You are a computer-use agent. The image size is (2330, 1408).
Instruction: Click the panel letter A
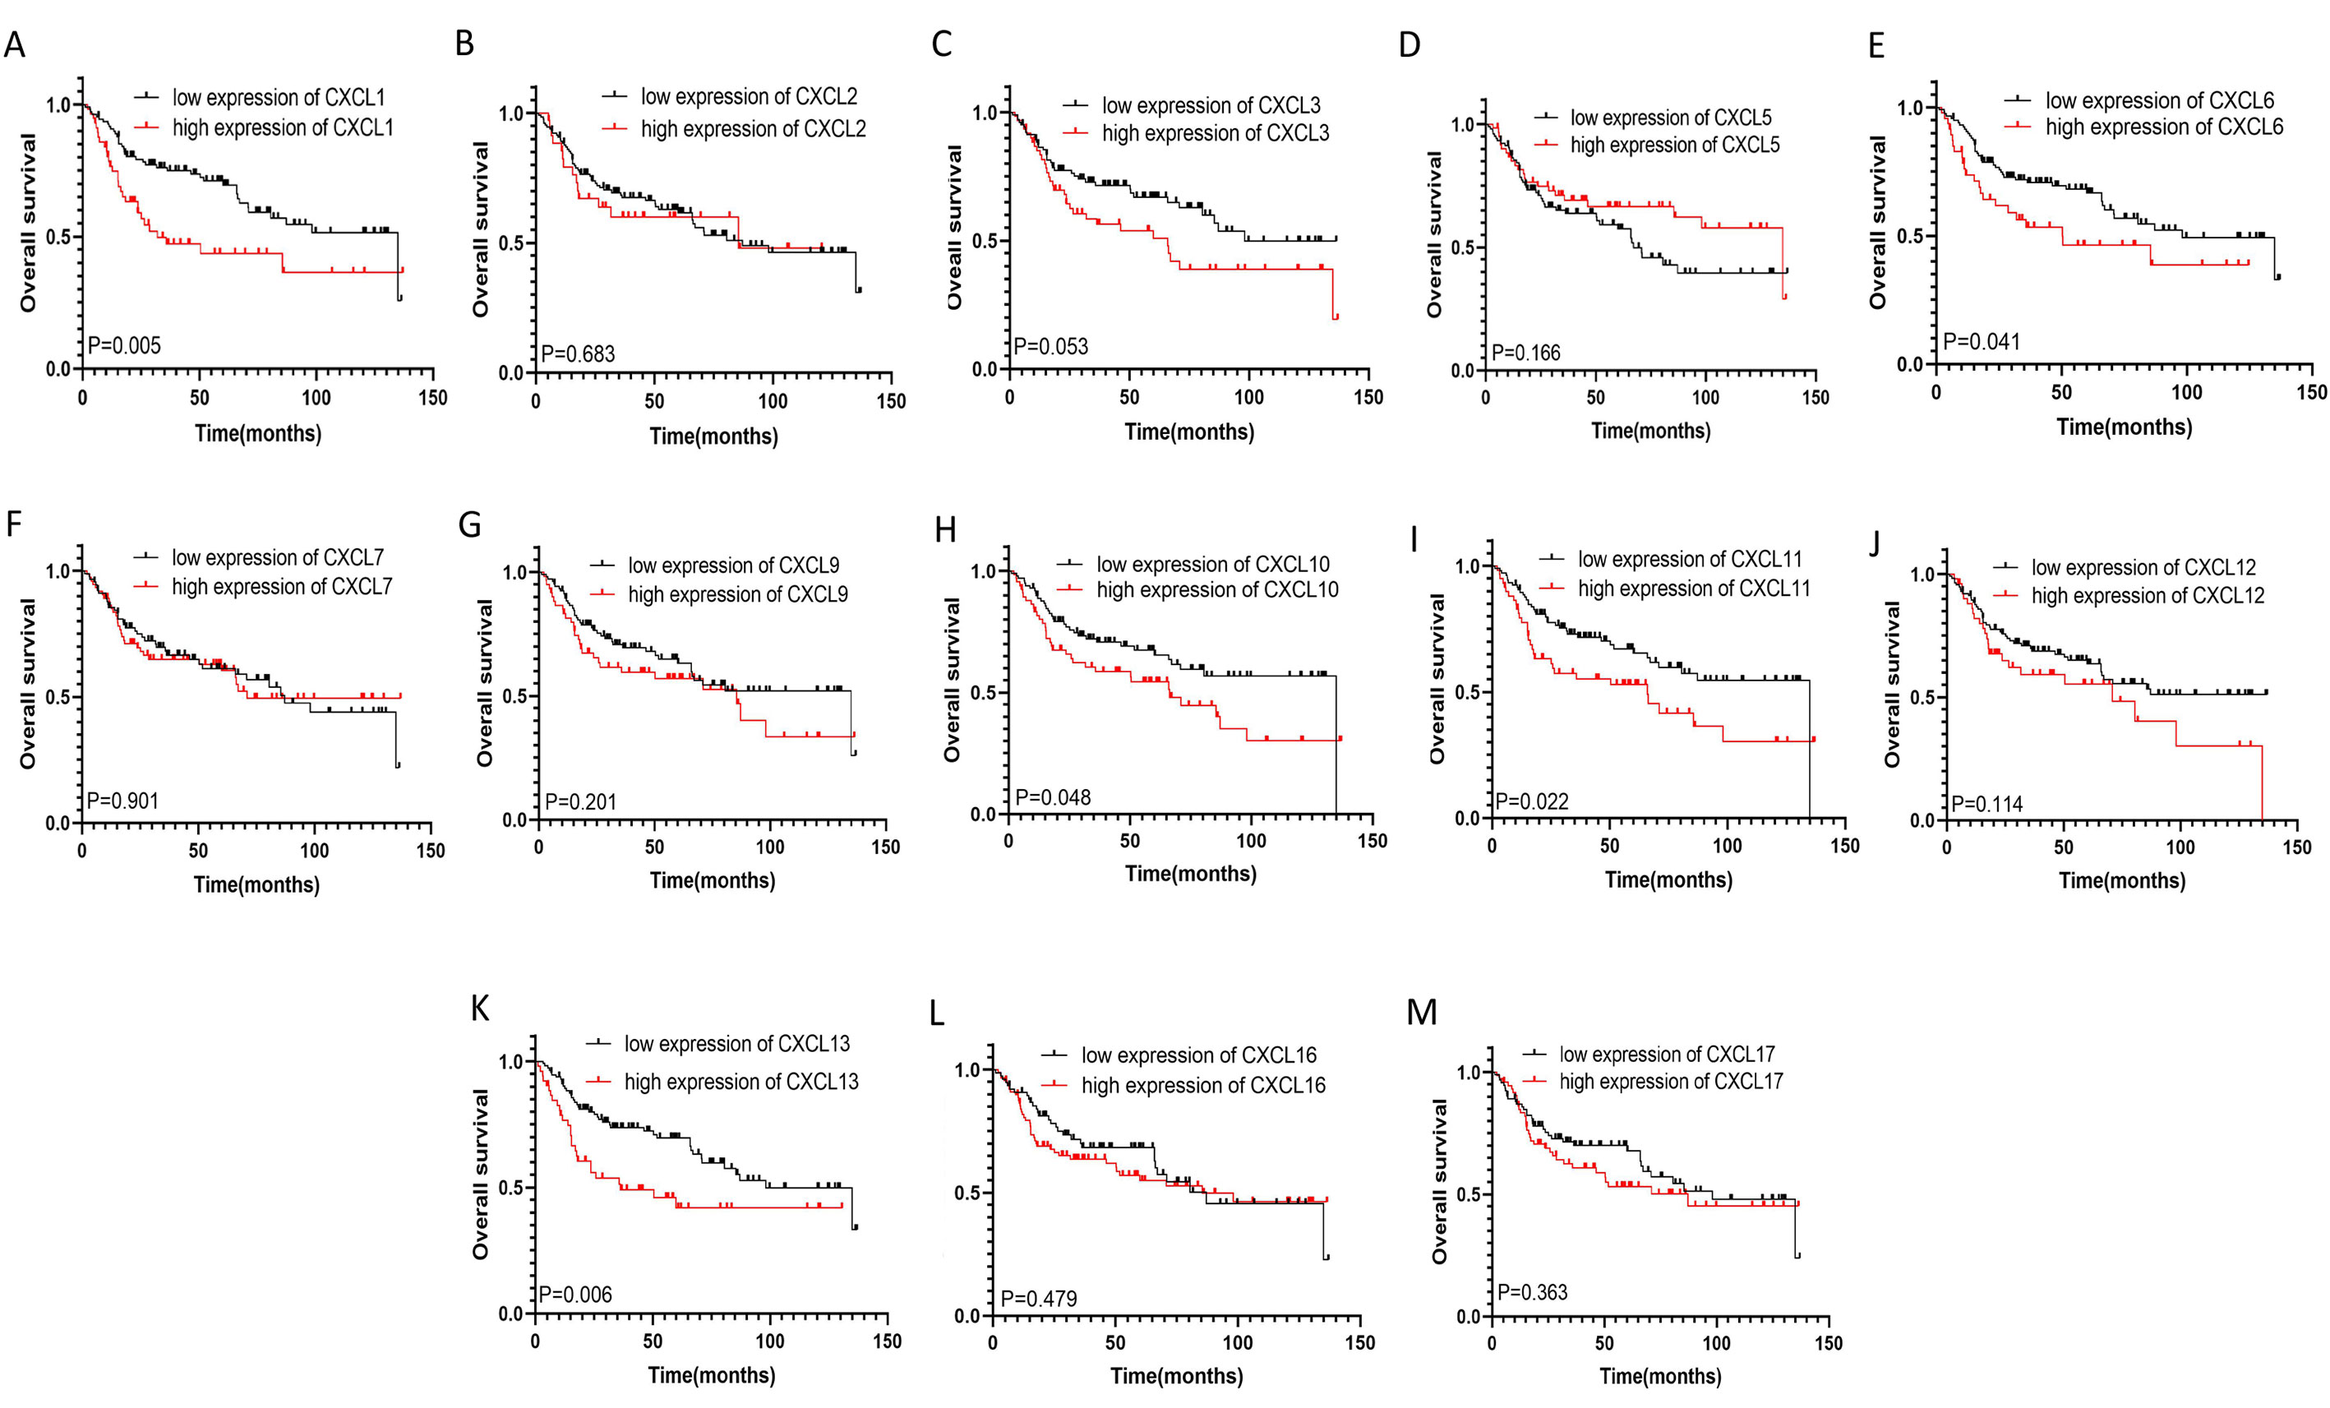14,45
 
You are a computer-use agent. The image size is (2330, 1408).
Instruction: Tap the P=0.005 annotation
124,346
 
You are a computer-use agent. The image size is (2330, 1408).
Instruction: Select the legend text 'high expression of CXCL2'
753,128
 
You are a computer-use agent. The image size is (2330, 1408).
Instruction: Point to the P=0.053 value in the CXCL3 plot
1050,347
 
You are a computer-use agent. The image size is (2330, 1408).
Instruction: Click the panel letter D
1409,45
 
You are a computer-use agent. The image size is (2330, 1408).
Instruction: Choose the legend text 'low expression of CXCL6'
2160,100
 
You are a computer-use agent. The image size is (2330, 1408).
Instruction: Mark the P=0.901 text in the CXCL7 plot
123,801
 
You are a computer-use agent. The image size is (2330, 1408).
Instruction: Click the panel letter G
470,524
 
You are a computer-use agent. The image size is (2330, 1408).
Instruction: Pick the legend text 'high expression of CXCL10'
1217,590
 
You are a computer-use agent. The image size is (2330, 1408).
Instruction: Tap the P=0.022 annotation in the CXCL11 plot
1532,802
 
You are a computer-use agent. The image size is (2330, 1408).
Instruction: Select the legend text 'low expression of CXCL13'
736,1044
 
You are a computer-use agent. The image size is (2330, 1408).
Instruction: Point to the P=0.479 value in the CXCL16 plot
1038,1300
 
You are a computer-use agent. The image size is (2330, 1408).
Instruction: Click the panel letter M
1421,1013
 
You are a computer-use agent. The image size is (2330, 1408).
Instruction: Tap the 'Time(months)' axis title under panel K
711,1375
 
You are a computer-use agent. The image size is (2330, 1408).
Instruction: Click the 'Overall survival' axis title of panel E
1878,222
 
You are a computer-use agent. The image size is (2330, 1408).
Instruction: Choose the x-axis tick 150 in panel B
891,401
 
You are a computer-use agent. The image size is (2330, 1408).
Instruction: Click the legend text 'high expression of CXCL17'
1671,1081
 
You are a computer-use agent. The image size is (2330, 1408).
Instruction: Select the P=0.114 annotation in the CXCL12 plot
1986,805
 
